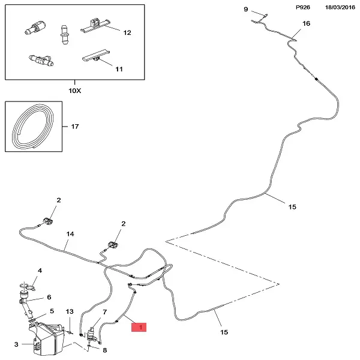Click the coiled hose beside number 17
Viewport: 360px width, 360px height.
click(x=35, y=127)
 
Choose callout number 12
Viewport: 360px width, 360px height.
click(x=127, y=33)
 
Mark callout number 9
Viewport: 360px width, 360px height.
click(x=245, y=10)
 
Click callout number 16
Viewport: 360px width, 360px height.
click(x=307, y=24)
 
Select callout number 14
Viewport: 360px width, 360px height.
click(x=70, y=234)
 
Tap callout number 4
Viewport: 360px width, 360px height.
click(x=40, y=271)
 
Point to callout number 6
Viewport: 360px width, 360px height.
click(x=49, y=297)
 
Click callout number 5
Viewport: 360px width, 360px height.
click(x=52, y=311)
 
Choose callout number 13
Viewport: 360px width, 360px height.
click(x=70, y=312)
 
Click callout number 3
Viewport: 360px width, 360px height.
click(x=16, y=344)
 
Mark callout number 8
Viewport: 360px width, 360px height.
click(x=105, y=350)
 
